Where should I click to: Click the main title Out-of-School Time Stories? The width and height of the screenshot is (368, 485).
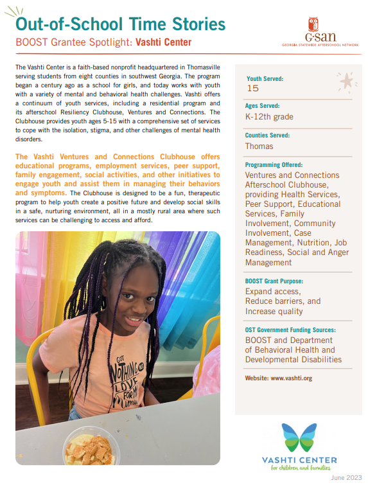120,24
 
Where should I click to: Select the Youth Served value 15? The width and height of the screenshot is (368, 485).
252,89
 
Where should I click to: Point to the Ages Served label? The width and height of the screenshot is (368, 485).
263,105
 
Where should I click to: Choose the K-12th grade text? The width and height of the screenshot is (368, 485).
269,117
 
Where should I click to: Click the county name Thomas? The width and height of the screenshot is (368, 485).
259,146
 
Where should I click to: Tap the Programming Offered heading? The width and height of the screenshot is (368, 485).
277,164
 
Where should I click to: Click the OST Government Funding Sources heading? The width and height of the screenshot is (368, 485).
290,330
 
